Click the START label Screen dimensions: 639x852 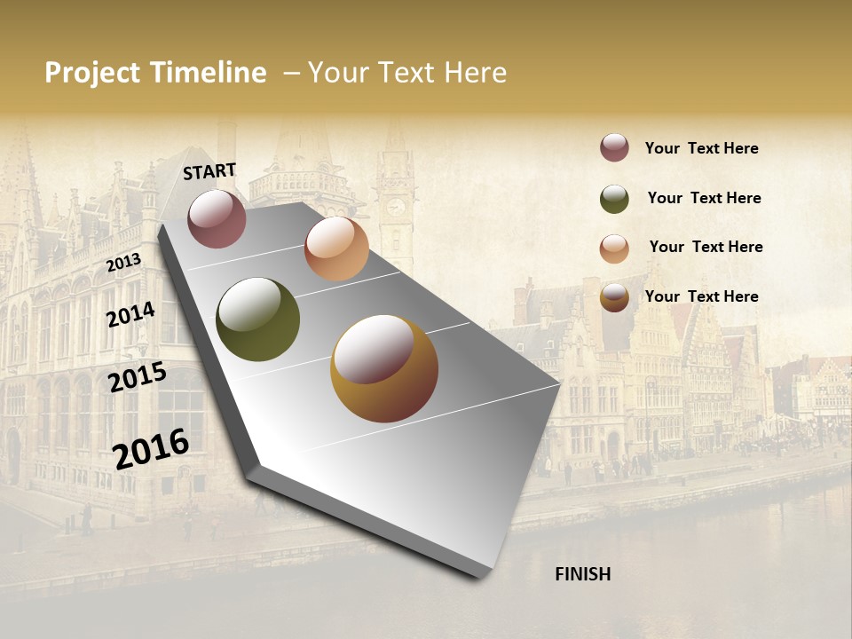[x=209, y=171]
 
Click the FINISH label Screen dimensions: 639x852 [x=582, y=574]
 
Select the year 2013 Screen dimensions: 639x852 [x=123, y=262]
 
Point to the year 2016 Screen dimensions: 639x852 [x=151, y=448]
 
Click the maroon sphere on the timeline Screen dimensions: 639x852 [x=217, y=218]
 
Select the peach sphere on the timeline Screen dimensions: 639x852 [x=336, y=248]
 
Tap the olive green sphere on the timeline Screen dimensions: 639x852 [x=258, y=319]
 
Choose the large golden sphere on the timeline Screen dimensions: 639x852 [x=384, y=368]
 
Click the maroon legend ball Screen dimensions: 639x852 [x=614, y=147]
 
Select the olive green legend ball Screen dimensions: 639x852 [x=614, y=199]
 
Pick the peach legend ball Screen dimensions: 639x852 [x=614, y=248]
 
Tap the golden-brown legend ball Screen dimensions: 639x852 [x=614, y=298]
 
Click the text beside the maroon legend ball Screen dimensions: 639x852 [x=701, y=148]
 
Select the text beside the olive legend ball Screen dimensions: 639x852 [x=704, y=198]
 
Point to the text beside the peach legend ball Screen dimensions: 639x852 [x=706, y=247]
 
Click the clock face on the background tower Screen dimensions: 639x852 [x=396, y=207]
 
